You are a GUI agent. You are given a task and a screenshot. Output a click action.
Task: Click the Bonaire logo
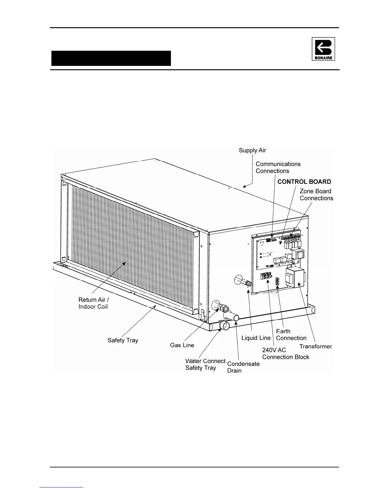[x=323, y=49]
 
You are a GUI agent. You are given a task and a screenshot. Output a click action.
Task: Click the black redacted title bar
[x=111, y=58]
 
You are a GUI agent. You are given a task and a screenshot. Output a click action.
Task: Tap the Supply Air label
[x=252, y=150]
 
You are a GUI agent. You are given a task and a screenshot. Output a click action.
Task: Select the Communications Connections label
[x=278, y=167]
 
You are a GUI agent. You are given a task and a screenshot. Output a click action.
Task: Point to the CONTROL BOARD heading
[x=304, y=182]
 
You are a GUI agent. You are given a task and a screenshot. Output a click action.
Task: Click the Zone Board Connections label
[x=316, y=195]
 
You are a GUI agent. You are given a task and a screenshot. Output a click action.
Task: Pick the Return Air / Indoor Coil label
[x=94, y=303]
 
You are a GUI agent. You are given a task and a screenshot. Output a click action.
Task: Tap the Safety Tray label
[x=123, y=340]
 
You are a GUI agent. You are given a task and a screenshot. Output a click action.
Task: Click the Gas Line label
[x=182, y=345]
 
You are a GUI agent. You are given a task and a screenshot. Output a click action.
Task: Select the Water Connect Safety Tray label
[x=205, y=364]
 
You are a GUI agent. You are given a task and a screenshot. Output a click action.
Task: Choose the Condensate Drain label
[x=243, y=367]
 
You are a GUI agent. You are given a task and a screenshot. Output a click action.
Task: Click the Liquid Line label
[x=256, y=338]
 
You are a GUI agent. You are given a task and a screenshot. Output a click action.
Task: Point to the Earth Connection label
[x=291, y=335]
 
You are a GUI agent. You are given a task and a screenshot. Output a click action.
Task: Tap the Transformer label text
[x=316, y=346]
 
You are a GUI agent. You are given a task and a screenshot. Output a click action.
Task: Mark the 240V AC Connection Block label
[x=285, y=354]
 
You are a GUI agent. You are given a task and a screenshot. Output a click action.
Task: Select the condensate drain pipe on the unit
[x=231, y=317]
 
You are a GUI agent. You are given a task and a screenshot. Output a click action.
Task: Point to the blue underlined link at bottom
[x=62, y=488]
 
